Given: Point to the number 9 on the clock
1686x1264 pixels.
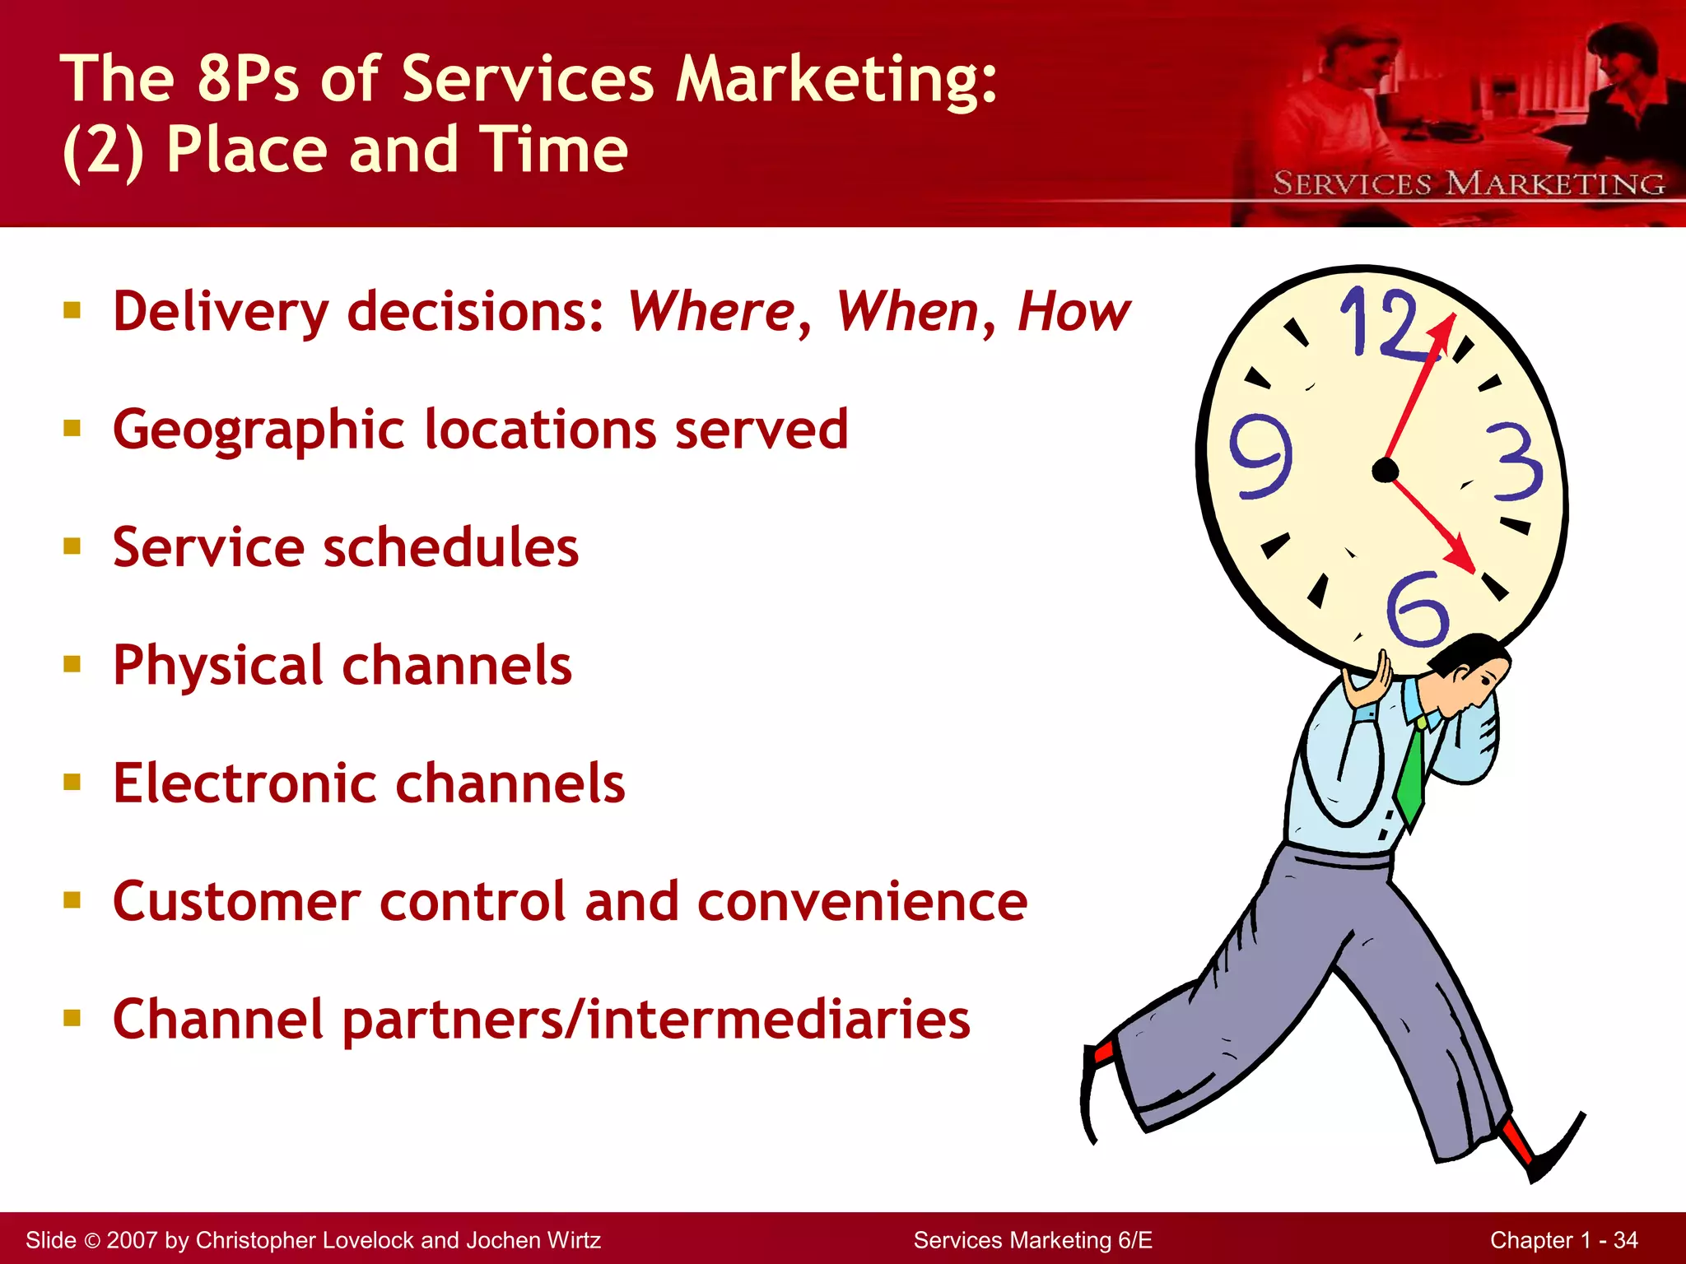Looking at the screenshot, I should (1260, 456).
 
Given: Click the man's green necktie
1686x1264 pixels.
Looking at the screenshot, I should (1413, 774).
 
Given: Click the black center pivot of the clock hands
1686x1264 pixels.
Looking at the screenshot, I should (1386, 471).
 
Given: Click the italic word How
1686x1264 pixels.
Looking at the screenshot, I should (1074, 312).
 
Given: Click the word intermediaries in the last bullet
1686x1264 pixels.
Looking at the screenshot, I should (779, 1020).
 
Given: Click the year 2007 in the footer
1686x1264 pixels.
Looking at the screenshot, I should (132, 1240).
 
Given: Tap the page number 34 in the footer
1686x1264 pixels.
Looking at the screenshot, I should (1625, 1240).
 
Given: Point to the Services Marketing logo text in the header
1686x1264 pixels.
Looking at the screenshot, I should (1469, 184).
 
